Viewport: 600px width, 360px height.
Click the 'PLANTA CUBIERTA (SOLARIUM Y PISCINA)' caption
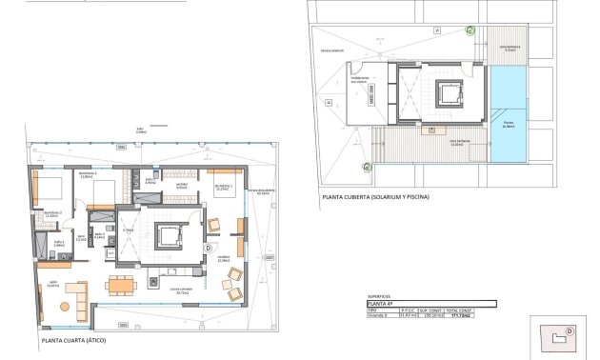pyautogui.click(x=375, y=196)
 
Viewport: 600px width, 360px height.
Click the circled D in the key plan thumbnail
pyautogui.click(x=569, y=331)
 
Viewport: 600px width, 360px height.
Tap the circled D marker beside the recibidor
pyautogui.click(x=209, y=249)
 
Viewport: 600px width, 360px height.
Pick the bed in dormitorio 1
pyautogui.click(x=50, y=186)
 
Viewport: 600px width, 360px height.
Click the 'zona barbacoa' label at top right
pyautogui.click(x=510, y=48)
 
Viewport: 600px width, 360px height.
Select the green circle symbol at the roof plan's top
pyautogui.click(x=469, y=30)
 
